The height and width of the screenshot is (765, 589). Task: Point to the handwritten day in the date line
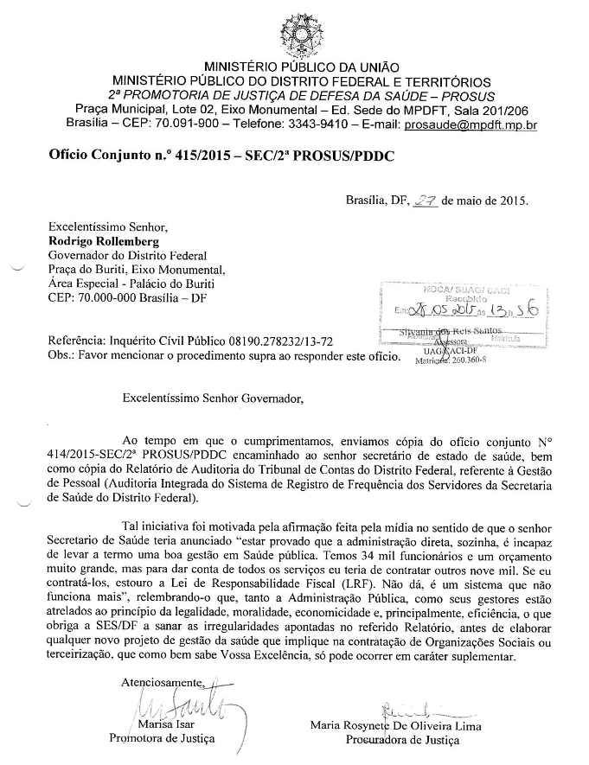click(426, 201)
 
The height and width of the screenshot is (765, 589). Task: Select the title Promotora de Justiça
click(161, 739)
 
